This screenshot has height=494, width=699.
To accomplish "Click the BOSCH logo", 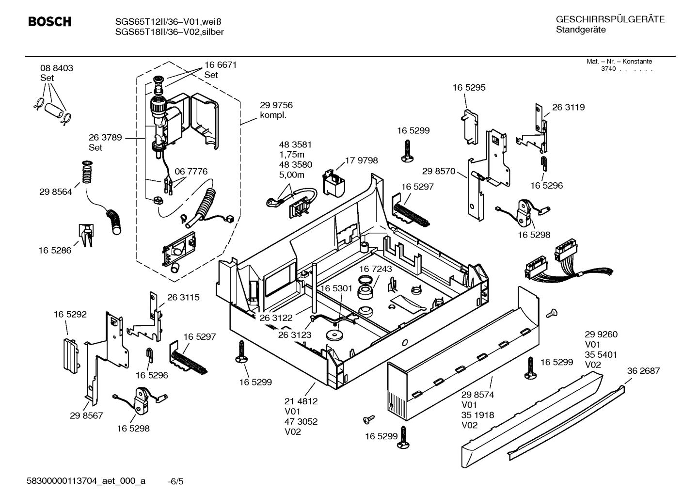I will (49, 22).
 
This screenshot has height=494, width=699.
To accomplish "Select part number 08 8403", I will (57, 68).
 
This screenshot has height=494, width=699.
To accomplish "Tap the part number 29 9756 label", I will (276, 105).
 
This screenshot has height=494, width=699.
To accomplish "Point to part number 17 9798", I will (361, 160).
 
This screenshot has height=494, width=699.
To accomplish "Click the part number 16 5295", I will (469, 88).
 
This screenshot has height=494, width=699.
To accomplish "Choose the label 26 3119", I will (568, 107).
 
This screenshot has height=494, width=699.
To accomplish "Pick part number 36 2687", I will (643, 371).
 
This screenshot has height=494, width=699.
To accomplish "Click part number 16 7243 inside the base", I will (376, 269).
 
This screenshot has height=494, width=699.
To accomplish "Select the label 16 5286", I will (55, 250).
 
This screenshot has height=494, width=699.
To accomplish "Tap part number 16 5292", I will (70, 314).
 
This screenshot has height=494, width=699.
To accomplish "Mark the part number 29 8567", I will (86, 415).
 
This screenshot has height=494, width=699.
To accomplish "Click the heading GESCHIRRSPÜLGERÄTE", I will (610, 19).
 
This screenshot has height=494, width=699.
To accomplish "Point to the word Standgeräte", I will (580, 30).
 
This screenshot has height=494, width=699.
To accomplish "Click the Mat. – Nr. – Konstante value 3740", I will (608, 69).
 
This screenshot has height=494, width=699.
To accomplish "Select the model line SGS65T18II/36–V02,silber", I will (169, 32).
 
